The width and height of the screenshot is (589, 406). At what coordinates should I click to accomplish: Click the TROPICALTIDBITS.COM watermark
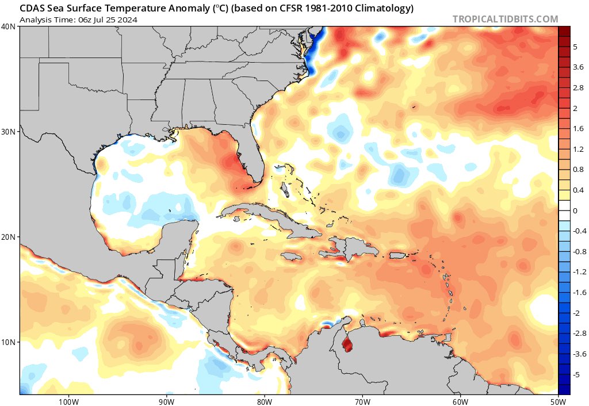505,19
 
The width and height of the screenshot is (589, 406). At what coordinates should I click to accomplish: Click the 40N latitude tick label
8,26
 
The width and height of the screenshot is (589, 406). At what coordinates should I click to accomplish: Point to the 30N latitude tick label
8,132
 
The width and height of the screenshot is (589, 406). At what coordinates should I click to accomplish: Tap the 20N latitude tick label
8,237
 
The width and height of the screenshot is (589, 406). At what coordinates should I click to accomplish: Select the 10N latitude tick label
8,342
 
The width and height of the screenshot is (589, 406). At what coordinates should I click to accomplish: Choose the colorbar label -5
576,374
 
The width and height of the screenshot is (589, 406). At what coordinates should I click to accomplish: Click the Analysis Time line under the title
78,20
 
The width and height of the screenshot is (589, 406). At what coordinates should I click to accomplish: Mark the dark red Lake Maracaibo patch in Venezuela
347,345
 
